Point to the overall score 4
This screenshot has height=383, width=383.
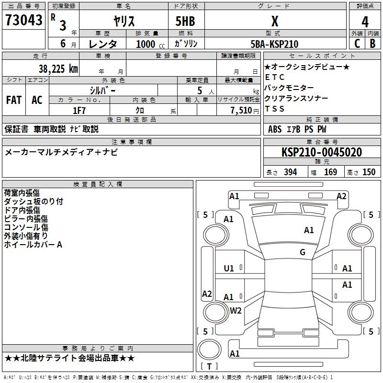365,22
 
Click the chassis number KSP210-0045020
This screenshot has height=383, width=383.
322,152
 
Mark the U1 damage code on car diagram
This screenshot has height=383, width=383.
229,269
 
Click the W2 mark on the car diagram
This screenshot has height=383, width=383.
236,310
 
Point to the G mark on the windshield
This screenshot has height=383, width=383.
302,252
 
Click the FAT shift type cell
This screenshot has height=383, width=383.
14,100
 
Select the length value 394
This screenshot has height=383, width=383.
290,172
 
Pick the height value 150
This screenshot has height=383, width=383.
369,172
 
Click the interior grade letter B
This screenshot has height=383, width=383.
372,44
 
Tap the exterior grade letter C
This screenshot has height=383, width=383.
357,44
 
